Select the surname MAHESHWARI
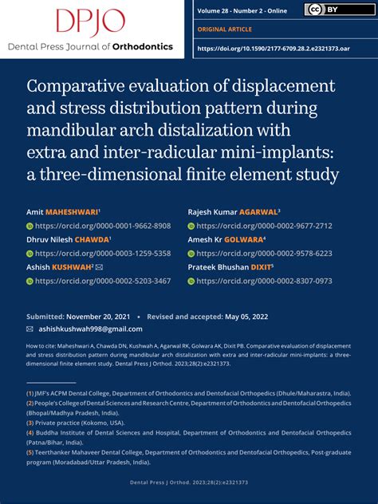(73, 212)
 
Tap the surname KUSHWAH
(71, 267)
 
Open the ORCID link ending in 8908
(103, 226)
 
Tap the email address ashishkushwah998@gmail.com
(89, 329)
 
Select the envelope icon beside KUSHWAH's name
(99, 267)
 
